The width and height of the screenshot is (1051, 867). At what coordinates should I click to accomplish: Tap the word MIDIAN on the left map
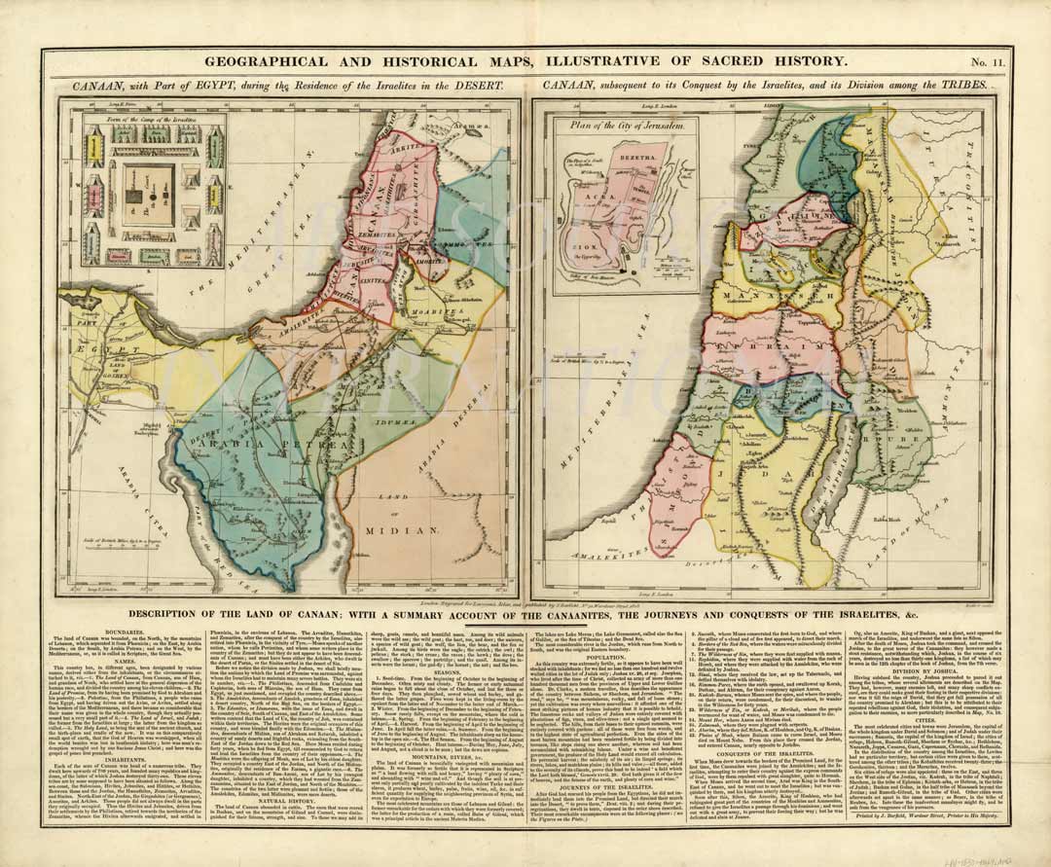pyautogui.click(x=389, y=531)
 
